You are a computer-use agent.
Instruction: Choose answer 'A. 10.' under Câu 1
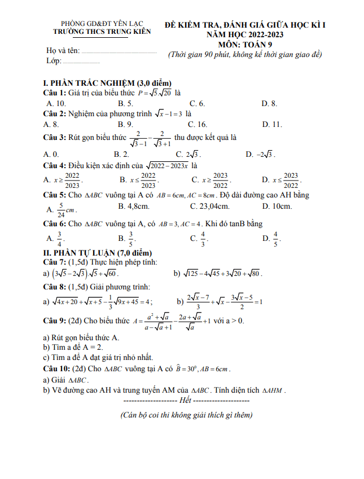[x=57, y=103]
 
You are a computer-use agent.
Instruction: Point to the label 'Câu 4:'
[x=55, y=166]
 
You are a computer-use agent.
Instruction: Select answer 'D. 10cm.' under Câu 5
[x=277, y=206]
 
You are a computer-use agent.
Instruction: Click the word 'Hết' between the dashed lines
[x=185, y=400]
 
